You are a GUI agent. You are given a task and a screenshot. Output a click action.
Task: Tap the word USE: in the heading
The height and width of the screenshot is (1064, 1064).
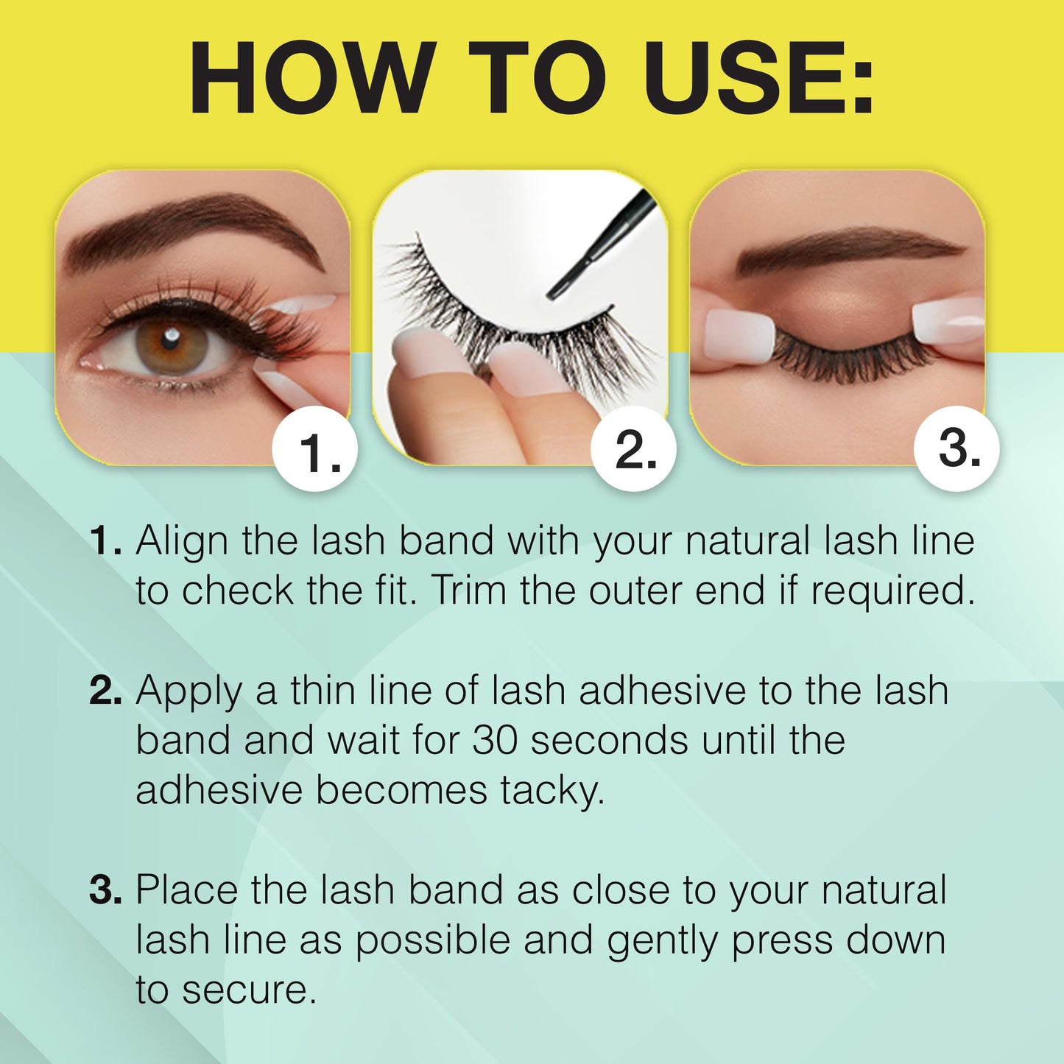(x=758, y=79)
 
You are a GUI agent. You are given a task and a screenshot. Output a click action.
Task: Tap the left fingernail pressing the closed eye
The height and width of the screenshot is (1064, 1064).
(x=736, y=335)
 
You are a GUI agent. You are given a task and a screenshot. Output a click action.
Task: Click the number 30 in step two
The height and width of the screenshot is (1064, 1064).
(x=495, y=740)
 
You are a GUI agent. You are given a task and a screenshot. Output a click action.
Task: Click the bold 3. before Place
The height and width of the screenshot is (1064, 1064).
(x=105, y=891)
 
